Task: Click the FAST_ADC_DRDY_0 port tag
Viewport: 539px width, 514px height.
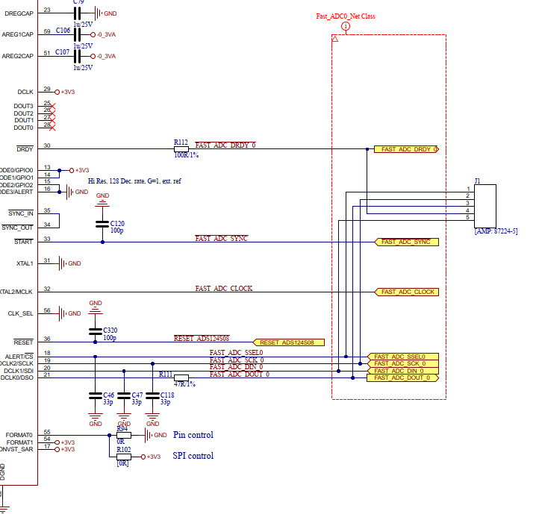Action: click(x=407, y=150)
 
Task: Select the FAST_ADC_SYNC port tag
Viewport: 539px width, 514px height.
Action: click(x=405, y=242)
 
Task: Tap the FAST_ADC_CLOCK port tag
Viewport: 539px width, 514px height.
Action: click(x=407, y=292)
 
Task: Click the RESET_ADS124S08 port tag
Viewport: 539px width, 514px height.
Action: click(x=290, y=342)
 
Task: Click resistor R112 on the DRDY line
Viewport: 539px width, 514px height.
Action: click(x=181, y=149)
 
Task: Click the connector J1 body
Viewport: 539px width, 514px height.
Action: click(x=485, y=203)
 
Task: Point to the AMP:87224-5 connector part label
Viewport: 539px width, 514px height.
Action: click(x=496, y=231)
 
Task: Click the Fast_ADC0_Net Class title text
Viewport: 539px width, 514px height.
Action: click(x=346, y=16)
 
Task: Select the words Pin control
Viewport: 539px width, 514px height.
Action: click(x=193, y=435)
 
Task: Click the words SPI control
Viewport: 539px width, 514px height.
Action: click(x=193, y=456)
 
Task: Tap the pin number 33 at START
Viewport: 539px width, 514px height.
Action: click(x=47, y=239)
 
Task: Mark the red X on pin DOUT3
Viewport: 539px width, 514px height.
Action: click(x=52, y=106)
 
